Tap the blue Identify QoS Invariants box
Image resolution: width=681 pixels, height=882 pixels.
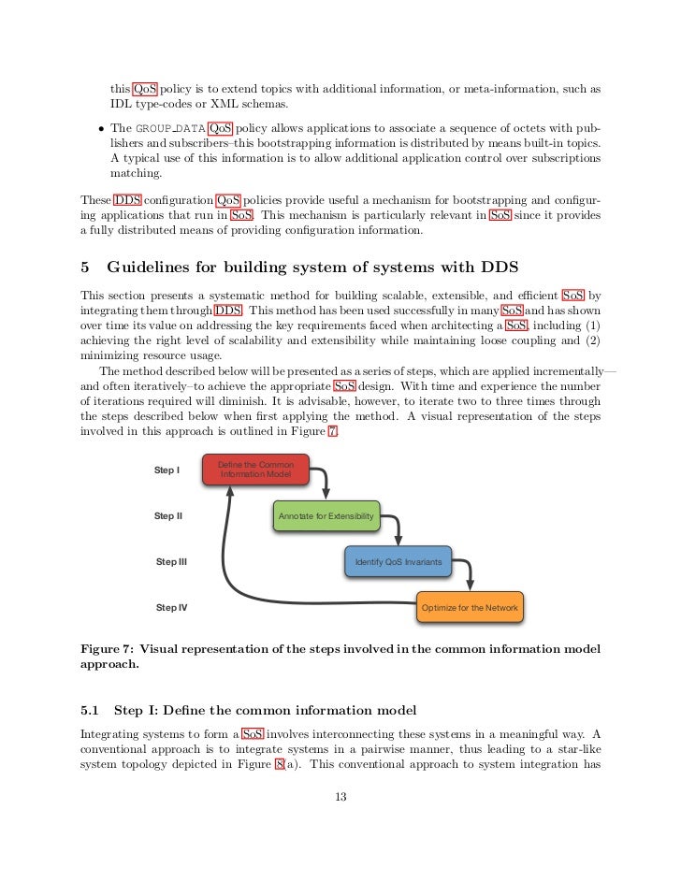398,562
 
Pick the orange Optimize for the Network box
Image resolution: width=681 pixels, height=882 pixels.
470,608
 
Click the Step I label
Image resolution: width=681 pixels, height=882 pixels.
167,470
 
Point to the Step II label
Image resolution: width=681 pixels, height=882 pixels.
168,516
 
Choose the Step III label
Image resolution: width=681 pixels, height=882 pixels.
171,562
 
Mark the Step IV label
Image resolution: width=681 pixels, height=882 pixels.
171,608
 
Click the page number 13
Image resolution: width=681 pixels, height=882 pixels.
340,797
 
